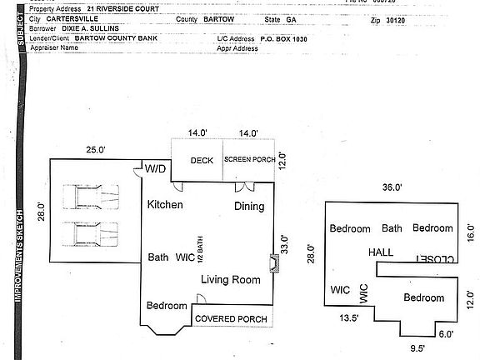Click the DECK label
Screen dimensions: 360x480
tap(202, 161)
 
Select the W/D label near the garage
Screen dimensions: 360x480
tap(156, 169)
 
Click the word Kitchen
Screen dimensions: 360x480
tap(165, 205)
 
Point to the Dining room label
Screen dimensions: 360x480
tap(248, 207)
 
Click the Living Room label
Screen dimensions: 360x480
tap(231, 279)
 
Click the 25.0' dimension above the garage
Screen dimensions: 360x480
tap(96, 150)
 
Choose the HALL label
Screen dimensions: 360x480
tap(381, 252)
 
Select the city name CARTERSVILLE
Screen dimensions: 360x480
tap(67, 17)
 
